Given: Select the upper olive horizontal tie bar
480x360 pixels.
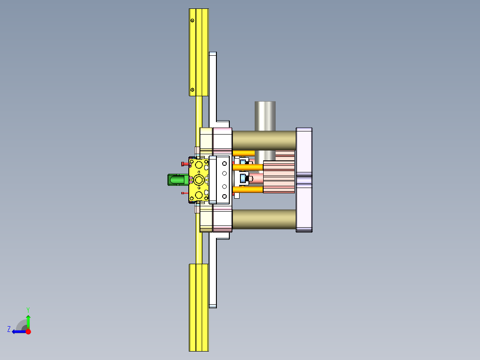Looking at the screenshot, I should coord(264,140).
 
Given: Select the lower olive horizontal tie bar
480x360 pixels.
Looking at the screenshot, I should coord(264,219).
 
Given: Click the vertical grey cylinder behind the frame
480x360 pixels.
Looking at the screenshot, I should coord(265,115).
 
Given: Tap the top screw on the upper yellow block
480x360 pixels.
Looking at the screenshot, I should coord(192,20).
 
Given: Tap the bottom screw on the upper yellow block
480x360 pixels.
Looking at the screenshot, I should coord(192,90).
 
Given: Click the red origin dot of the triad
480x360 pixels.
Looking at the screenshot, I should coord(28,331).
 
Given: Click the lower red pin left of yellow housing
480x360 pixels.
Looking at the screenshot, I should coord(184,193).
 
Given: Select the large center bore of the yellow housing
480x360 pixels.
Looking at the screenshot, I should coord(199,180).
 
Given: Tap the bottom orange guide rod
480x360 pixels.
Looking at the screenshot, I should coord(248,190).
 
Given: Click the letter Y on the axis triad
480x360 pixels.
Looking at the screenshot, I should coord(28,309).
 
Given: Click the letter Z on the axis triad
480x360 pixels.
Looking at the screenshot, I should coord(9,329).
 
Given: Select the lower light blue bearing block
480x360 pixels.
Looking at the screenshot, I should coord(244,179).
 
